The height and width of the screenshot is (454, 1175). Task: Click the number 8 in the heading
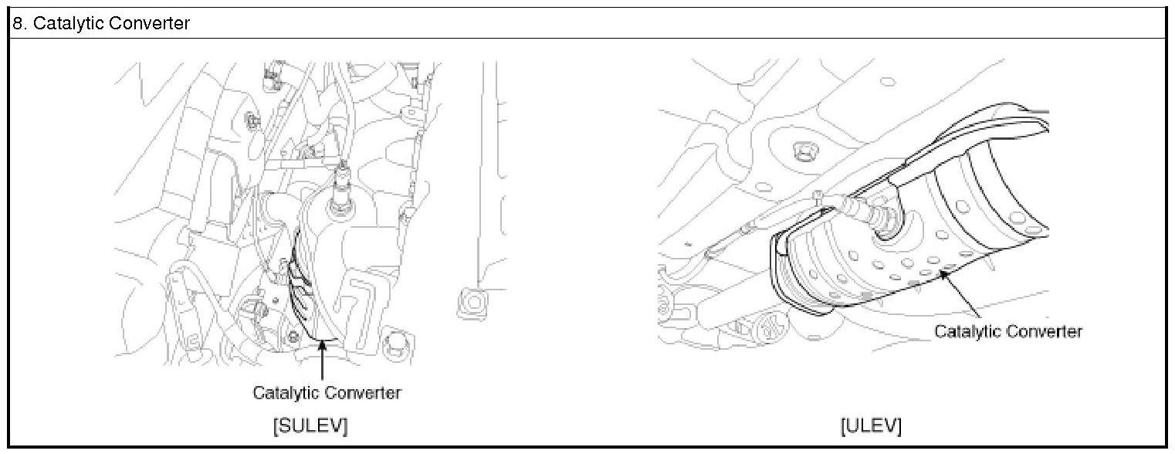click(18, 23)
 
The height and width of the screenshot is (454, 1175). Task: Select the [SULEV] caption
click(310, 425)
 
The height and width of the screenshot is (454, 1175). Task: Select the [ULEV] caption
click(872, 425)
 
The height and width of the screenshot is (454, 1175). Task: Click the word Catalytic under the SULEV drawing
click(285, 392)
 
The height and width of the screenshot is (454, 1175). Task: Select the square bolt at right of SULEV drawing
click(472, 303)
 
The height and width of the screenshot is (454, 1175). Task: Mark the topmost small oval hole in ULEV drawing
click(888, 82)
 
